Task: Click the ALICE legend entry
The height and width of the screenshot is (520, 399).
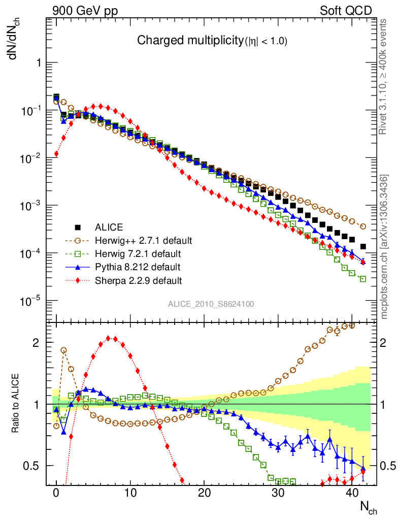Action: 109,227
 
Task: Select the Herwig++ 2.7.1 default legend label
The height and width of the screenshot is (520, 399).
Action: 144,240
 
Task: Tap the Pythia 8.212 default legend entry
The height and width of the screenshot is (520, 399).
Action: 137,267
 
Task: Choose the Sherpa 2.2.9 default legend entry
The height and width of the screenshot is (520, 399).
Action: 139,280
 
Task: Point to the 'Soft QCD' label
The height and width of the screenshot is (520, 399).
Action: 345,11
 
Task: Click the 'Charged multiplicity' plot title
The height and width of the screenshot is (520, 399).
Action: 213,41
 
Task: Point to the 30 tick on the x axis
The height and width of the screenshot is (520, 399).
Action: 278,493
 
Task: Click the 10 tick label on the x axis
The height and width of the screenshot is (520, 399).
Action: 130,493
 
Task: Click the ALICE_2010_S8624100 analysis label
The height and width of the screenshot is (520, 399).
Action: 211,304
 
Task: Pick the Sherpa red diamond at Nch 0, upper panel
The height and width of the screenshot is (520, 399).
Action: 56,154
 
